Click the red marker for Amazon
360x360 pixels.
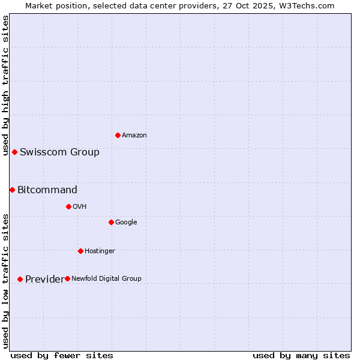pyautogui.click(x=118, y=135)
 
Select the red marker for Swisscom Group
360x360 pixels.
pyautogui.click(x=14, y=152)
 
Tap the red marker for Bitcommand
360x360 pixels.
pyautogui.click(x=12, y=190)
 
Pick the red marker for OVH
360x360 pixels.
pyautogui.click(x=68, y=206)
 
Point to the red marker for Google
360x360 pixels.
pyautogui.click(x=111, y=222)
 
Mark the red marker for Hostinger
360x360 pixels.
pyautogui.click(x=80, y=251)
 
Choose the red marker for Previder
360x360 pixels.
pyautogui.click(x=20, y=279)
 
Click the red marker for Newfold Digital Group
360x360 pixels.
pyautogui.click(x=67, y=278)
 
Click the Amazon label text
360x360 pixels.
pyautogui.click(x=134, y=136)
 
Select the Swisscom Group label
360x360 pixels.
pyautogui.click(x=59, y=152)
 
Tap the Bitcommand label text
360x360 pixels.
pyautogui.click(x=47, y=190)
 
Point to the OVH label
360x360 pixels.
pyautogui.click(x=80, y=207)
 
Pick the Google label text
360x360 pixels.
pyautogui.click(x=126, y=223)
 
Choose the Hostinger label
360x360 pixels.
pyautogui.click(x=100, y=251)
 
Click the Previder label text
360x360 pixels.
pyautogui.click(x=44, y=280)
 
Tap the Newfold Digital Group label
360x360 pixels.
pyautogui.click(x=107, y=278)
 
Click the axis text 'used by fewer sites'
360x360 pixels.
pyautogui.click(x=62, y=356)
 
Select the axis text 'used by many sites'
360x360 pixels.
pyautogui.click(x=301, y=356)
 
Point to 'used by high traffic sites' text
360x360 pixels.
pyautogui.click(x=6, y=85)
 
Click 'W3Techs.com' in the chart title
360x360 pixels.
pyautogui.click(x=309, y=5)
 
